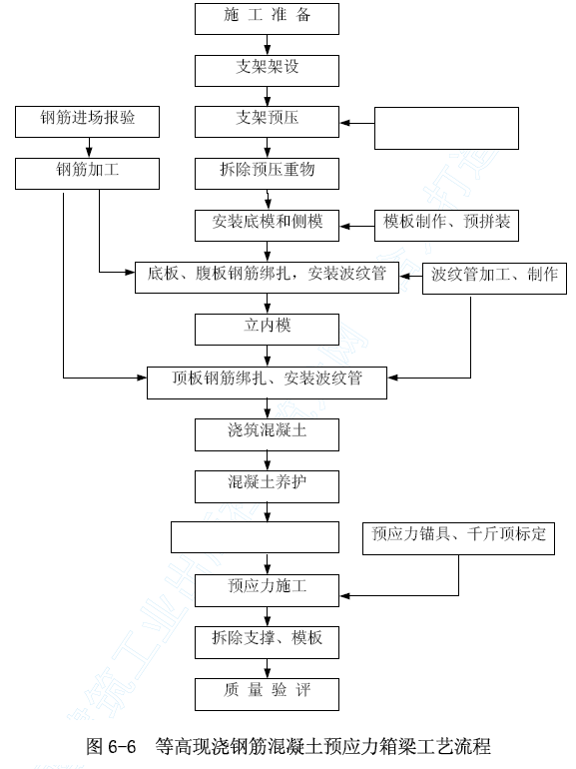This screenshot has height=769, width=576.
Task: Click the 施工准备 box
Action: [267, 19]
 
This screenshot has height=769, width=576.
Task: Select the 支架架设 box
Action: [267, 71]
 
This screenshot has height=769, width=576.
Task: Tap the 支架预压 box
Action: [267, 122]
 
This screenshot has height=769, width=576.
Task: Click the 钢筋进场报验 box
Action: [87, 122]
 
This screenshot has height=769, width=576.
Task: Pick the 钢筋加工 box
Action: [87, 174]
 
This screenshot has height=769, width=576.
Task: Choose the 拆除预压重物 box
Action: [267, 174]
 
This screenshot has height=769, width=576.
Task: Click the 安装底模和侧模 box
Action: [267, 226]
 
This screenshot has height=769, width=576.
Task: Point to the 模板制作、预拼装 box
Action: [446, 226]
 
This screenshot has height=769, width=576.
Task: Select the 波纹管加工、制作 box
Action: [494, 278]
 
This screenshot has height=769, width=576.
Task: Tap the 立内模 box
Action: [267, 330]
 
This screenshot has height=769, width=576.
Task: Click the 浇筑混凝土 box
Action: [267, 434]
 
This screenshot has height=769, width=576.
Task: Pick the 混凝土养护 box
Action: [267, 487]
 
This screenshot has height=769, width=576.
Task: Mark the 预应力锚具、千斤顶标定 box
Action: [458, 539]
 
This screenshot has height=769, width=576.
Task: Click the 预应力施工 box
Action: [267, 590]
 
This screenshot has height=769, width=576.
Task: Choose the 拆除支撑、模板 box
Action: [267, 642]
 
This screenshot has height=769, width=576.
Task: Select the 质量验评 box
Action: [267, 694]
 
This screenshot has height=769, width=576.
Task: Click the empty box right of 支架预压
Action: [446, 128]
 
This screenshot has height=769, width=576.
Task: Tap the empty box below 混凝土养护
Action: [255, 537]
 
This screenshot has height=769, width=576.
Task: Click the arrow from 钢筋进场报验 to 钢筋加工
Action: [89, 148]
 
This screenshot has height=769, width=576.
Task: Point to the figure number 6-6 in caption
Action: [122, 746]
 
